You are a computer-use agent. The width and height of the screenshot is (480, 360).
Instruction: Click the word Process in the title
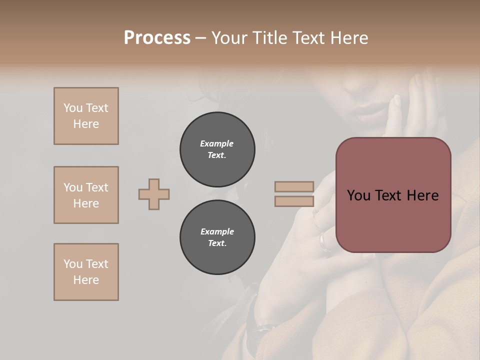click(157, 38)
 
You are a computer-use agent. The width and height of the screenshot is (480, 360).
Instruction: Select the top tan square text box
click(86, 116)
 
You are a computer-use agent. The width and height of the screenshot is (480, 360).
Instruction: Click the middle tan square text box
click(86, 195)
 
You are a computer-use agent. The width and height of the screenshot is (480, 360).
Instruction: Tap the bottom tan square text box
click(86, 272)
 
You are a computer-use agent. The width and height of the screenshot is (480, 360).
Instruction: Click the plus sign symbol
click(154, 194)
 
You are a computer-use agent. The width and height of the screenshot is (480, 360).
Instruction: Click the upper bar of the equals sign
click(294, 186)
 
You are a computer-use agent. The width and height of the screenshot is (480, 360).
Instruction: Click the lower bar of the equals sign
click(294, 201)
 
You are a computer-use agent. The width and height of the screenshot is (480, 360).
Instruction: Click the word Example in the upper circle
click(216, 143)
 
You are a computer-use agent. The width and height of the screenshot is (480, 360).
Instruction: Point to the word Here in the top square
click(86, 124)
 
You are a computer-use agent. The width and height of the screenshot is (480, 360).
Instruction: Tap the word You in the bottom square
click(73, 264)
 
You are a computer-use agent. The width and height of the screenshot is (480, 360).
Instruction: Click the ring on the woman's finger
click(324, 242)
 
